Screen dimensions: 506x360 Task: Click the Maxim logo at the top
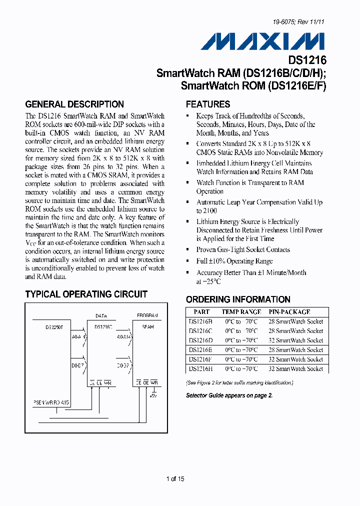tap(262, 41)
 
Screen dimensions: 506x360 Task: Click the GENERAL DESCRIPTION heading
tap(74, 104)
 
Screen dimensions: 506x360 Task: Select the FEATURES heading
tap(208, 104)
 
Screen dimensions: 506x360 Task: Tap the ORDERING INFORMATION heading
tap(238, 299)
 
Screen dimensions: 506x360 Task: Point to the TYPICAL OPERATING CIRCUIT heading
tap(86, 294)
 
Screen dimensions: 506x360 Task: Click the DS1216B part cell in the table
tap(200, 321)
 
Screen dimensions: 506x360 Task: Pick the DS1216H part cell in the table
tap(200, 368)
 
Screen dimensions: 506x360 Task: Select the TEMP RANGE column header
tap(241, 312)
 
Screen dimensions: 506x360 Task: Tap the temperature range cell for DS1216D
tap(241, 340)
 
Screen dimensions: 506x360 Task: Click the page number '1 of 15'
tap(175, 479)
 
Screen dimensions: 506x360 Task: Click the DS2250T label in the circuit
tap(54, 327)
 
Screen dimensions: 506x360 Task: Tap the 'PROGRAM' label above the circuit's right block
tap(147, 316)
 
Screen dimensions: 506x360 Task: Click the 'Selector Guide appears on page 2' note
tap(229, 395)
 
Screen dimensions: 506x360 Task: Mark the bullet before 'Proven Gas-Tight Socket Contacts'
tap(187, 249)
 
